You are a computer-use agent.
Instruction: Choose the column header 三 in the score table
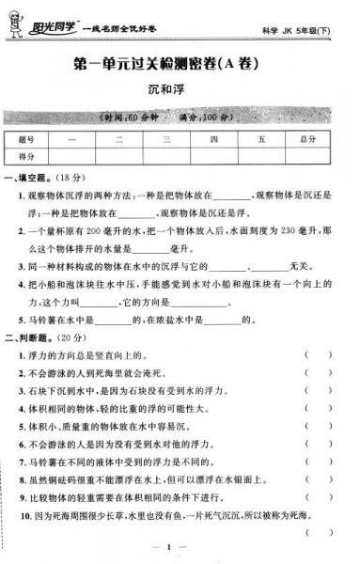pos(165,140)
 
